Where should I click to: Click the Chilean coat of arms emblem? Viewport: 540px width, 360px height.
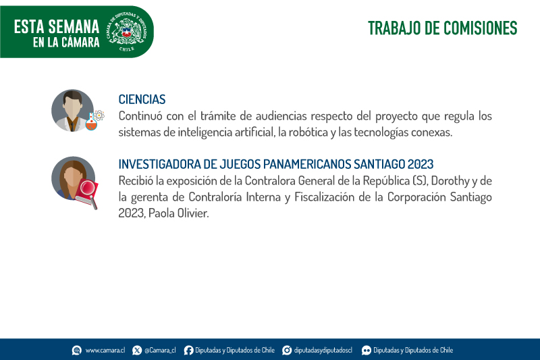pyautogui.click(x=127, y=32)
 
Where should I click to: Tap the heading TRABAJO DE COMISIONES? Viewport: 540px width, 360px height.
pyautogui.click(x=443, y=28)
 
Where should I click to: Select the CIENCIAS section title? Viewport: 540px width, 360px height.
pyautogui.click(x=142, y=99)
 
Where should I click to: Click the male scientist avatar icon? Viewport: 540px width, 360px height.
pyautogui.click(x=73, y=111)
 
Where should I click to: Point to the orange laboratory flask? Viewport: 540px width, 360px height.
pyautogui.click(x=91, y=122)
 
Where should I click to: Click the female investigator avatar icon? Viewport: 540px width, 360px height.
pyautogui.click(x=73, y=178)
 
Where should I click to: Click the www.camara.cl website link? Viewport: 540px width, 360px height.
pyautogui.click(x=105, y=351)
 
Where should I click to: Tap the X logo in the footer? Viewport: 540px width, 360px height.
pyautogui.click(x=137, y=351)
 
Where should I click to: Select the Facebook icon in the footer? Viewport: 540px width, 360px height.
pyautogui.click(x=188, y=351)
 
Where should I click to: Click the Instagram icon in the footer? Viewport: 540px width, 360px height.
pyautogui.click(x=287, y=351)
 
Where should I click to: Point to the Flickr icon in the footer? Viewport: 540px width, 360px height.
pyautogui.click(x=367, y=351)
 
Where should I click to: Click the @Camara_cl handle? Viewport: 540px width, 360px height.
pyautogui.click(x=160, y=351)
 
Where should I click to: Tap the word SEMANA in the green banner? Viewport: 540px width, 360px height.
pyautogui.click(x=74, y=27)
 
